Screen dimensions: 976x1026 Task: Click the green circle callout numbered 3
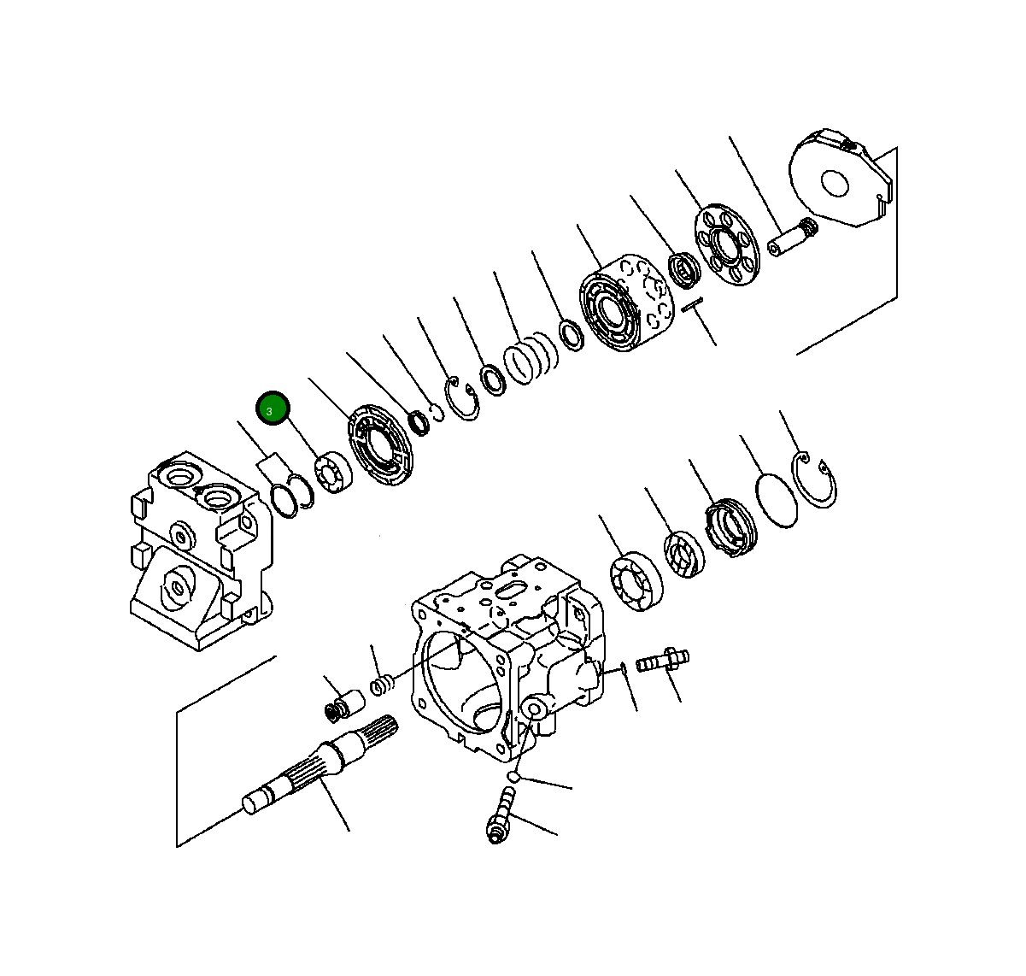point(273,410)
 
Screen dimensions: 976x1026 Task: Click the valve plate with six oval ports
point(726,245)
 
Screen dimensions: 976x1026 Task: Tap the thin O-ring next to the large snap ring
point(777,500)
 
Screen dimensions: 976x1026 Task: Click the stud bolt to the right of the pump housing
point(663,660)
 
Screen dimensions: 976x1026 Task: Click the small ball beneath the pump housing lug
point(514,776)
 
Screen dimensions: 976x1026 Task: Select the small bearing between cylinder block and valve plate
point(683,270)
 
